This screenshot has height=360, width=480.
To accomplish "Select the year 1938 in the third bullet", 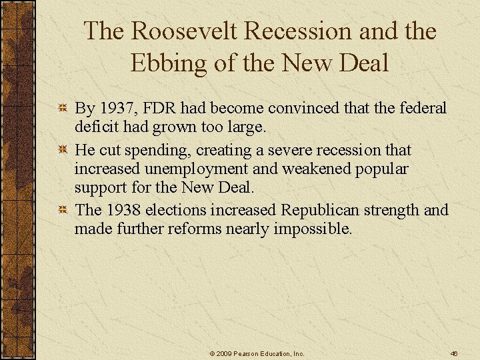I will [x=121, y=210].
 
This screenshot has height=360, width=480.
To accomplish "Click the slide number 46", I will [x=453, y=353].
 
